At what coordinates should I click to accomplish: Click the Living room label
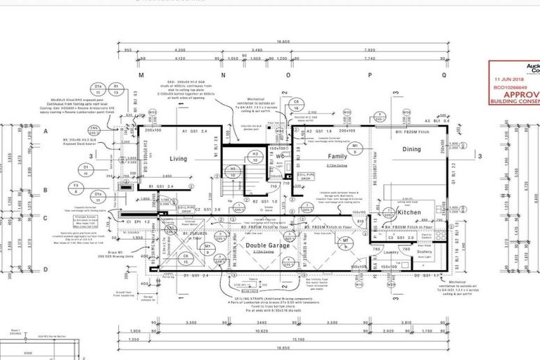pyautogui.click(x=178, y=159)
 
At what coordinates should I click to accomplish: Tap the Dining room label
pyautogui.click(x=411, y=149)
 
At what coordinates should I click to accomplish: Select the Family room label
pyautogui.click(x=337, y=156)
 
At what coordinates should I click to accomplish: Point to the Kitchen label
pyautogui.click(x=409, y=212)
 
